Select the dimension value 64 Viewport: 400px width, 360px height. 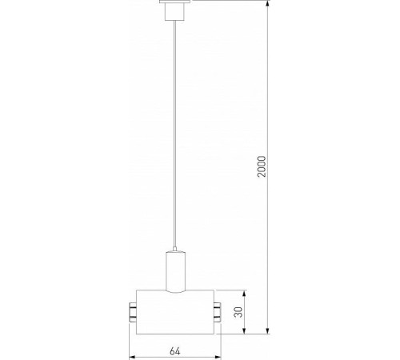click(x=175, y=350)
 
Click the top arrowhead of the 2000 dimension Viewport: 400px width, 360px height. click(x=266, y=4)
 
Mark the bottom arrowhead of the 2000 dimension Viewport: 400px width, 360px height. click(x=266, y=330)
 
